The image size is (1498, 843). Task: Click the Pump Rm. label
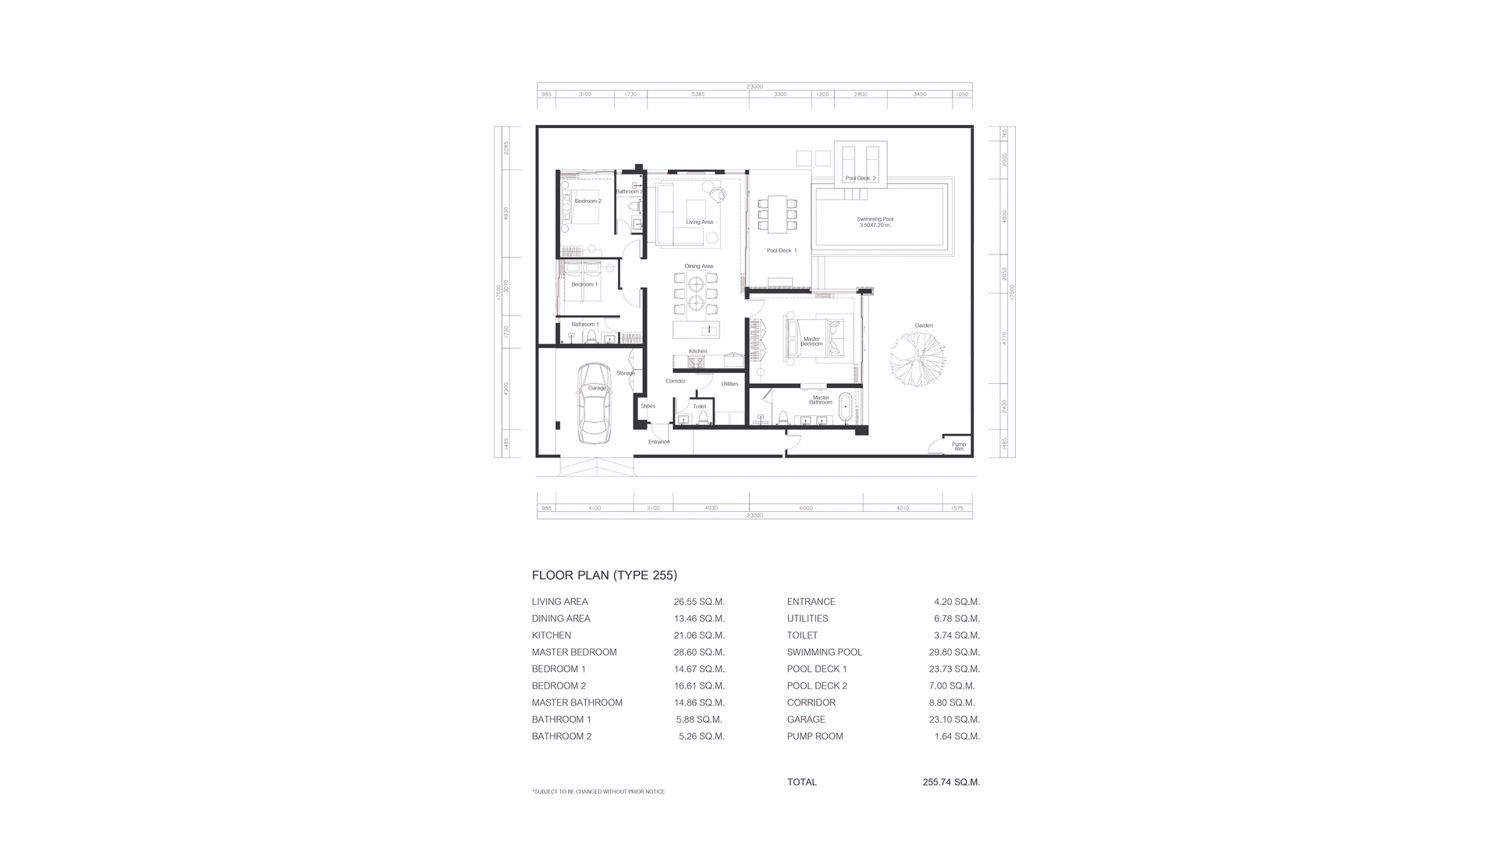pos(958,446)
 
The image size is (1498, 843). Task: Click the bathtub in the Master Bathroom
pos(845,409)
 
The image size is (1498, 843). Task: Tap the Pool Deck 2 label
pos(860,178)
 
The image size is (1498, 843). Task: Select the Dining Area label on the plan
pos(698,266)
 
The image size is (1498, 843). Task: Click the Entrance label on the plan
pos(658,442)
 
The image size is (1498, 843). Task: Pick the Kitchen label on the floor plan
pos(698,351)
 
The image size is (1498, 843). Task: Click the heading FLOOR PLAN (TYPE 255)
pos(604,575)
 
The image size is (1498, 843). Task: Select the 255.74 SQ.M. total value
pos(950,782)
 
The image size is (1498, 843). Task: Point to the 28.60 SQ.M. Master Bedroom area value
pos(699,653)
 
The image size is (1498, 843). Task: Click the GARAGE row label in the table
pos(806,720)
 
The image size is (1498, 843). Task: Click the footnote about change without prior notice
pos(598,791)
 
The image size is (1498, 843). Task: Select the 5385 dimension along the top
pos(698,94)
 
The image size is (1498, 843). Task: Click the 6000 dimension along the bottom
pos(806,508)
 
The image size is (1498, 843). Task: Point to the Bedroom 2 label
pos(587,201)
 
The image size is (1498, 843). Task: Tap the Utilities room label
pos(729,384)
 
